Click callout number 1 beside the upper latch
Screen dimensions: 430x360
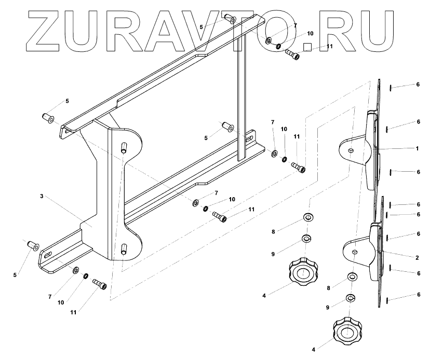coord(416,148)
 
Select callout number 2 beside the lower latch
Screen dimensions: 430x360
coord(416,257)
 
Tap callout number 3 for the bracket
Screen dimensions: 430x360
coord(41,197)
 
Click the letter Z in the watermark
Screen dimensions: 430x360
coord(50,31)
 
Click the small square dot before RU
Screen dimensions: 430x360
coord(307,47)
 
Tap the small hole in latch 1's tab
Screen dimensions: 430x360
coord(352,150)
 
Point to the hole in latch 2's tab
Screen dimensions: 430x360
coord(354,252)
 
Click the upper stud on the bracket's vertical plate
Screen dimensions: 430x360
coord(124,147)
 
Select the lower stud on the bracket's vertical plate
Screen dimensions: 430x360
coord(124,249)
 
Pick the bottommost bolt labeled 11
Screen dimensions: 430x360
coord(99,284)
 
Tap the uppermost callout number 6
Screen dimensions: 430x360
coord(417,85)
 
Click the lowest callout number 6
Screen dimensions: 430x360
coord(417,295)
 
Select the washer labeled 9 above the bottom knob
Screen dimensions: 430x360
coord(351,298)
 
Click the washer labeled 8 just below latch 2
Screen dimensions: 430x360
coord(352,277)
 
